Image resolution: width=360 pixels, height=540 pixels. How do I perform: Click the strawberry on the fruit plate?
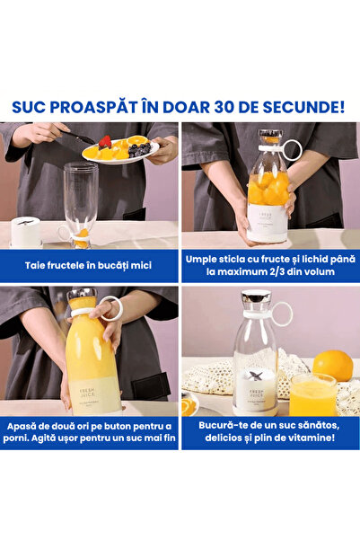pos(106,141)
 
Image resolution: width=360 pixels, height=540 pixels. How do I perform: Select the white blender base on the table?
pos(26,232)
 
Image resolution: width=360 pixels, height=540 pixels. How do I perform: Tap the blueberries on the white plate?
pos(139,149)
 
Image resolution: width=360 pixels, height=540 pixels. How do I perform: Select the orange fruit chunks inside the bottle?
pos(268,190)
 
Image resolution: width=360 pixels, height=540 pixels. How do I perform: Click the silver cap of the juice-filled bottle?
pos(81,296)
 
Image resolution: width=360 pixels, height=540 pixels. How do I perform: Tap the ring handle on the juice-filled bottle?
pos(110,309)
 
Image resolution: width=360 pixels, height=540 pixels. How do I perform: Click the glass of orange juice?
pos(312,395)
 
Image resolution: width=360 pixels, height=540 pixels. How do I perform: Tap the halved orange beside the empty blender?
pos(189,406)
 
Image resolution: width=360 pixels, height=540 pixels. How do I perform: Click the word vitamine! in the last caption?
pos(312,437)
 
